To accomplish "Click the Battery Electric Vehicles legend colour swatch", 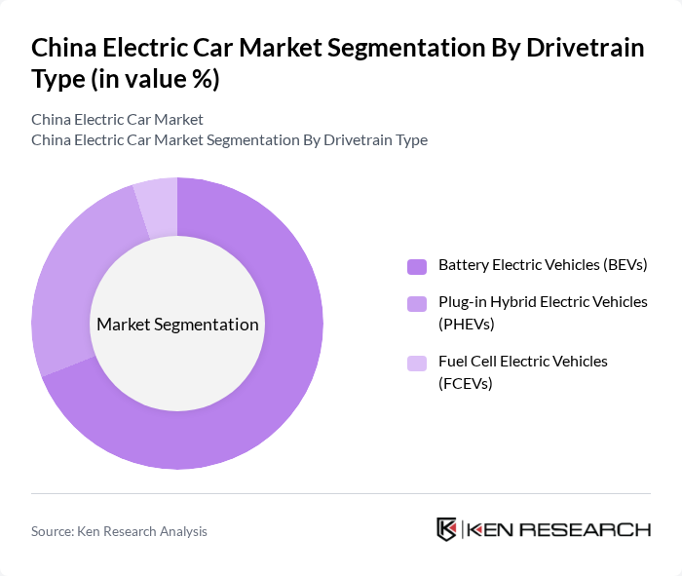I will (x=417, y=266).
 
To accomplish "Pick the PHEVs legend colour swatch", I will (x=417, y=304).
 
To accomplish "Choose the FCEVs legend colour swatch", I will (x=417, y=364).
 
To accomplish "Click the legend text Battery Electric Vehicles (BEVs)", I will (x=543, y=265).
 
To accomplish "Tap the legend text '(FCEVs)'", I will (x=466, y=383).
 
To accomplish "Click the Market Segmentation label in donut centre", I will (x=177, y=325).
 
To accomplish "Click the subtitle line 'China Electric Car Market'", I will (x=117, y=119).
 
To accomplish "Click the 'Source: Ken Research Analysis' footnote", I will (x=119, y=531).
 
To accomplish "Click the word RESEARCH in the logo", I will (x=587, y=530).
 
